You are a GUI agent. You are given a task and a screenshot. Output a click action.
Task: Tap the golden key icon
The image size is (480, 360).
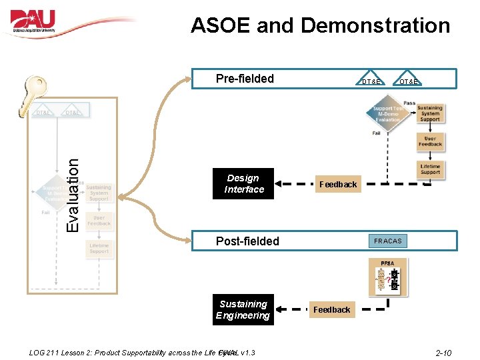(39, 93)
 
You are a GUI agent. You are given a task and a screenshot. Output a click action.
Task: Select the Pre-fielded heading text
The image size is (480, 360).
(245, 79)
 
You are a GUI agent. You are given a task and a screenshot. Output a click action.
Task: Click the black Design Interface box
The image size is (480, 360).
(243, 184)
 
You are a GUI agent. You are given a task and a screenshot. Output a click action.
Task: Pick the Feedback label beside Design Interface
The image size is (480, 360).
(337, 185)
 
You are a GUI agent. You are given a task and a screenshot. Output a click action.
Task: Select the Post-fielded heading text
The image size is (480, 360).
(247, 241)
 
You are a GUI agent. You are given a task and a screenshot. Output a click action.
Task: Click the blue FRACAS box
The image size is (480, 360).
(387, 241)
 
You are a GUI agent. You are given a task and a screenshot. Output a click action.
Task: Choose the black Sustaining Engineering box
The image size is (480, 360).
(243, 310)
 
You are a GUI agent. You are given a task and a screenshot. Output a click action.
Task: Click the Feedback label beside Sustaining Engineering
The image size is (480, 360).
(331, 310)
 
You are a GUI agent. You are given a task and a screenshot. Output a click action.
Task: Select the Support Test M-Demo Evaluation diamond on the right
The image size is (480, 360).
(387, 114)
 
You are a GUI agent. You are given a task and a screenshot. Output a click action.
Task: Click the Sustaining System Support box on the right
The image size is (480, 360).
(430, 114)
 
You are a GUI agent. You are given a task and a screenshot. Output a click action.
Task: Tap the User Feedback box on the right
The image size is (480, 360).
(430, 141)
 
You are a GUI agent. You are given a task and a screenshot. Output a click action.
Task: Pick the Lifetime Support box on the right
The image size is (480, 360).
(430, 169)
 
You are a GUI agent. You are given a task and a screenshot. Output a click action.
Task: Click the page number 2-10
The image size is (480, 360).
(443, 353)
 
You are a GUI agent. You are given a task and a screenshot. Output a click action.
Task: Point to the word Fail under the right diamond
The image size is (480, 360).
(376, 133)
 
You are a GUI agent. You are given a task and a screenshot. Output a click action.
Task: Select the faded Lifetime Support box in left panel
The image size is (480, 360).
(99, 248)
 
